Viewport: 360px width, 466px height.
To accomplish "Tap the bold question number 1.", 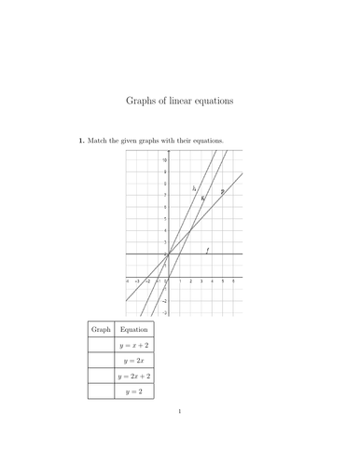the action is point(80,142).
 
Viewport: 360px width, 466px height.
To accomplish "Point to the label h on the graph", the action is point(194,189).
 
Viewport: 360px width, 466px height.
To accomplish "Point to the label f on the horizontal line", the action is point(206,250).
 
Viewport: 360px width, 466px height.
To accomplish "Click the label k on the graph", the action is point(202,198).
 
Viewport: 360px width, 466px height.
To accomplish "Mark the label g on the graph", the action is point(222,192).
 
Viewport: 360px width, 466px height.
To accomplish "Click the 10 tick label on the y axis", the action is point(163,161).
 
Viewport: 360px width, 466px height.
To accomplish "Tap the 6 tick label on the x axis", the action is point(233,280).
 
